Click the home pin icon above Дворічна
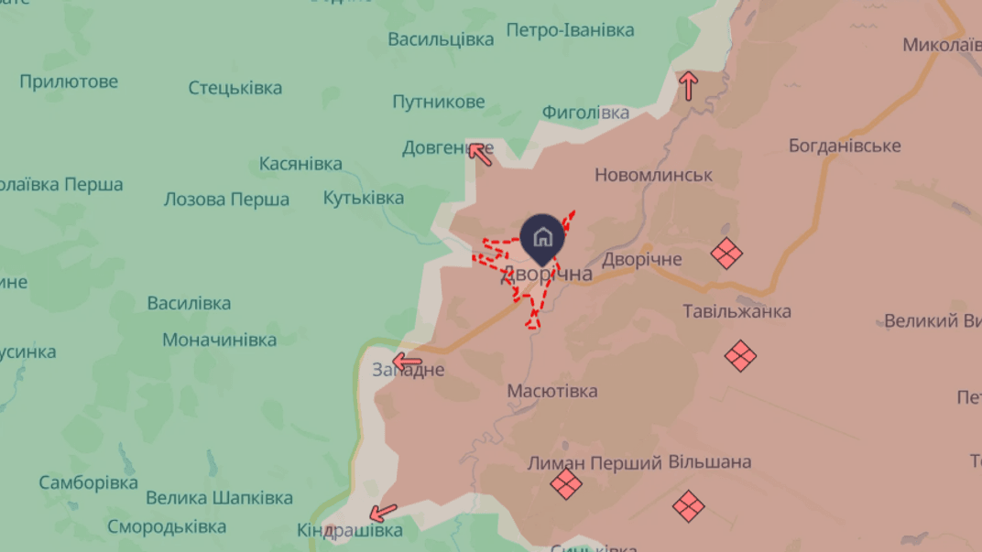[542, 238]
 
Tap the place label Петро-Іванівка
[570, 31]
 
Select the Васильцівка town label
[441, 39]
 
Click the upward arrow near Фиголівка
[689, 86]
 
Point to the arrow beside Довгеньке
[480, 153]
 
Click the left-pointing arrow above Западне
[407, 362]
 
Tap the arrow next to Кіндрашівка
[384, 512]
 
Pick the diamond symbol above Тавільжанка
[726, 254]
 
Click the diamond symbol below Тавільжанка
[740, 355]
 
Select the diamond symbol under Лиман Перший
[566, 484]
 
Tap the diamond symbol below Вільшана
[688, 505]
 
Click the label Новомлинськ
[653, 175]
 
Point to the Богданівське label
[845, 146]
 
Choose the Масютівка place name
[552, 391]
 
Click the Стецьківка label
[235, 88]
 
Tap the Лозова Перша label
[226, 200]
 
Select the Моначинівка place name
[220, 340]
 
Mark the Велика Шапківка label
[219, 498]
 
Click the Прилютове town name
[69, 81]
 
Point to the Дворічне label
[641, 259]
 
